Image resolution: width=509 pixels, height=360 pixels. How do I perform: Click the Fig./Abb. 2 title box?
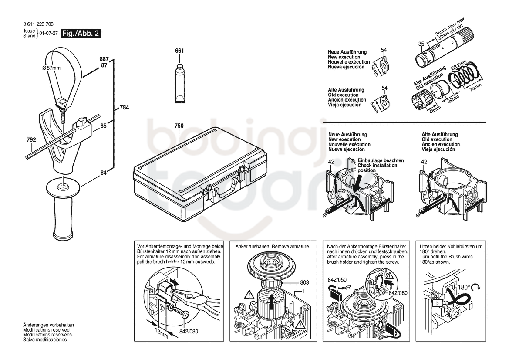[81, 34]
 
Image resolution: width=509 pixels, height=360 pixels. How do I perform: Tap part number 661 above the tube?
[179, 51]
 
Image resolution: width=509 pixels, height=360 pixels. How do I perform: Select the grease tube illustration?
[180, 84]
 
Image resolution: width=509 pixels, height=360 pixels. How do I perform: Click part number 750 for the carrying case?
[179, 126]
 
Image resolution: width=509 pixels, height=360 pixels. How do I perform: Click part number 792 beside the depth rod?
[31, 140]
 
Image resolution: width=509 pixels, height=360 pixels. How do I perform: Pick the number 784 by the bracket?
[125, 107]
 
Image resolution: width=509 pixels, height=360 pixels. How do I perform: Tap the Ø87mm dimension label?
[51, 68]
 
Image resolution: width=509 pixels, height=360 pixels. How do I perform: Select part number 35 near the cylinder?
[421, 44]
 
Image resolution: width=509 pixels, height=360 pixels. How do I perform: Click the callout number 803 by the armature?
[304, 283]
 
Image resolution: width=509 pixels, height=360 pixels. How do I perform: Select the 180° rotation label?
[464, 288]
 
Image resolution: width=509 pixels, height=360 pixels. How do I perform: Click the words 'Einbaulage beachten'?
[381, 160]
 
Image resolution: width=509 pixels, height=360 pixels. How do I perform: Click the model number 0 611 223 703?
[38, 24]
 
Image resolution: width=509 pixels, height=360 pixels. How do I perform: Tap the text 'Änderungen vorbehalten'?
[48, 325]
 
